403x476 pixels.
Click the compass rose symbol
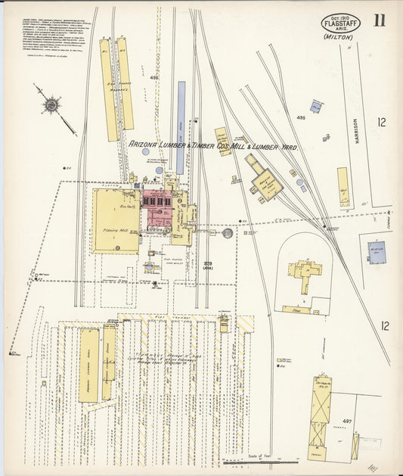tap(51, 105)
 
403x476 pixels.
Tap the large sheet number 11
tap(378, 20)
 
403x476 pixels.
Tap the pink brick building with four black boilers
tap(160, 208)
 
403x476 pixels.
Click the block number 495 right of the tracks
tap(301, 117)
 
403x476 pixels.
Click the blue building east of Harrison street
tap(376, 252)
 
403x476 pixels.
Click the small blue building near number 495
tap(317, 107)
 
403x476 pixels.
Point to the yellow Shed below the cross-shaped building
tap(296, 309)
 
